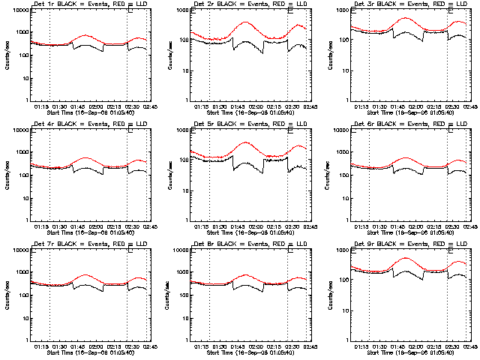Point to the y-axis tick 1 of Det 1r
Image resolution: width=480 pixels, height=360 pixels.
pos(28,100)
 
